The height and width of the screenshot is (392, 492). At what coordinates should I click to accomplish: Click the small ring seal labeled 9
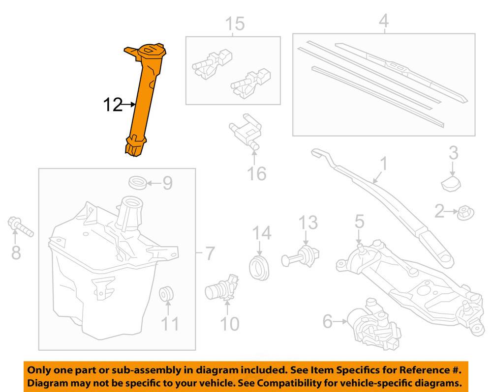pos(138,182)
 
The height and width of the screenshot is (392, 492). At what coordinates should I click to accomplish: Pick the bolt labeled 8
pos(20,226)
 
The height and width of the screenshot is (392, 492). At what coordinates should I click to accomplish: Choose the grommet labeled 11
pos(166,294)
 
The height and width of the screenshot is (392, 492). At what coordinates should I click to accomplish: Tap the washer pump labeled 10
pos(222,288)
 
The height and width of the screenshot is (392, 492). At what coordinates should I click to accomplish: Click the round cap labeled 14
pos(259,268)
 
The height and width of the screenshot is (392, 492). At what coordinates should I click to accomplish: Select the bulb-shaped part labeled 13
pos(300,256)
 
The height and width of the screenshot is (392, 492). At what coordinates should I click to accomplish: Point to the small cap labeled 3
pos(451,184)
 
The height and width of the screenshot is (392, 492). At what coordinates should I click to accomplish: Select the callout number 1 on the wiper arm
pos(383,165)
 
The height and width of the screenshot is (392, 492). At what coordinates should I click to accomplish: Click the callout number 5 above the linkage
pos(359,221)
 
